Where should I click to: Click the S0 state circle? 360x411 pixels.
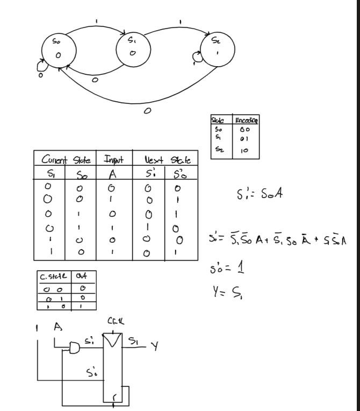click(x=57, y=51)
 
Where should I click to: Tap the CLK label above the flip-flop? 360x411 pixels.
click(x=114, y=322)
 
